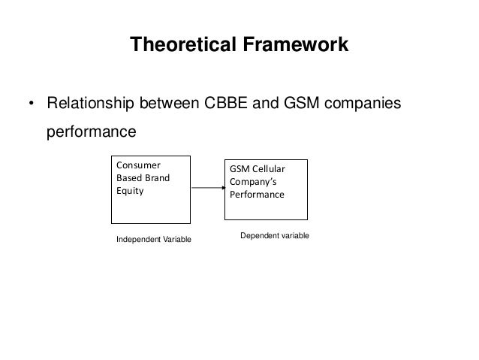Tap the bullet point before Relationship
(32, 104)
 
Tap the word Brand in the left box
(155, 178)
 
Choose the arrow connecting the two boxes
(207, 188)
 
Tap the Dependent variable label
(275, 235)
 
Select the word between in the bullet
(169, 103)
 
